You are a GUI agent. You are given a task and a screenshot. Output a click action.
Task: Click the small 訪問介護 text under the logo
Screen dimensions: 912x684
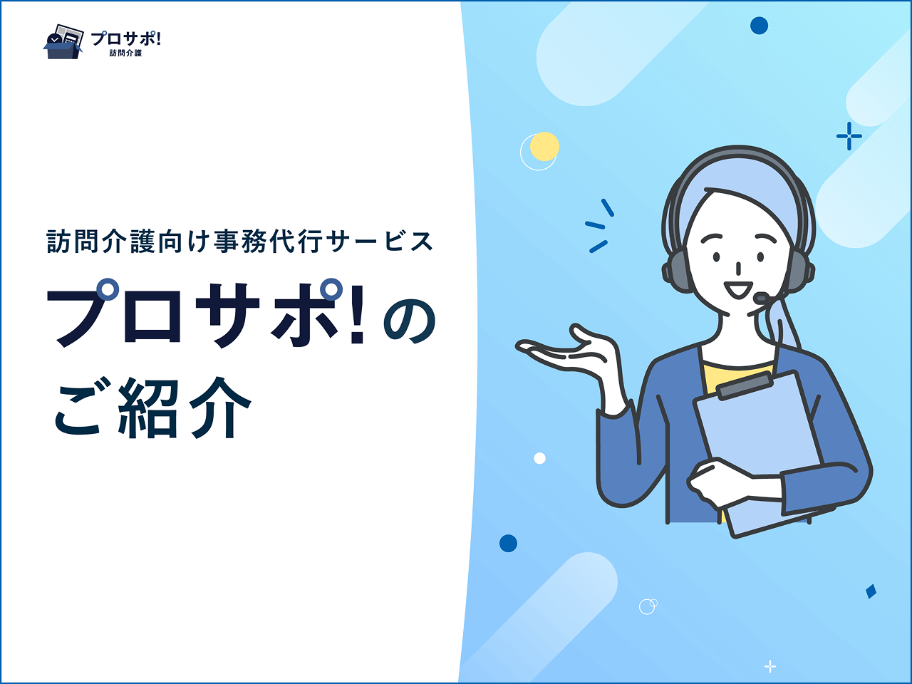point(125,53)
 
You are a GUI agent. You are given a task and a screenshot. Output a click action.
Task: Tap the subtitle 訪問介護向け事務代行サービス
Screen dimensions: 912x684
point(239,242)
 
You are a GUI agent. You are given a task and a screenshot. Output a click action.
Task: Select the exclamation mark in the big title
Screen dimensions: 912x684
point(358,314)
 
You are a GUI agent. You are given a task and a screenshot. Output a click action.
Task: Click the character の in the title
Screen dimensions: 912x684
point(409,322)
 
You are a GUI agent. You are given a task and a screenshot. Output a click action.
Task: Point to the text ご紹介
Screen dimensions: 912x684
point(153,408)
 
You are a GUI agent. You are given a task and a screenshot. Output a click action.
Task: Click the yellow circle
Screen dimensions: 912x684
point(544,147)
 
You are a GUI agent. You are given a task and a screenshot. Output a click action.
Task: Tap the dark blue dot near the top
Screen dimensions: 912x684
point(759,26)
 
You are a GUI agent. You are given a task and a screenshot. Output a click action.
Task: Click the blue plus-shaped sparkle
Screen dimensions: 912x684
point(849,136)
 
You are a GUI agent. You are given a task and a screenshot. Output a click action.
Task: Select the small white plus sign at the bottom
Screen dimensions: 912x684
point(770,667)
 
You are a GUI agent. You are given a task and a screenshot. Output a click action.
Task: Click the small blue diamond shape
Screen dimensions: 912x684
point(871,591)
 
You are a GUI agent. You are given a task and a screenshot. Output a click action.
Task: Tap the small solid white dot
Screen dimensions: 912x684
point(539,458)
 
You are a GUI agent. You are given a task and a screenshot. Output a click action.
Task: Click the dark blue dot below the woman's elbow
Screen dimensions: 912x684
point(508,543)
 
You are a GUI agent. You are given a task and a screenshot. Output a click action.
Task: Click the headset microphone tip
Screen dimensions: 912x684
point(761,298)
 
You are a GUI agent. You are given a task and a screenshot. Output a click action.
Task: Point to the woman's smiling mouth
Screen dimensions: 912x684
point(738,289)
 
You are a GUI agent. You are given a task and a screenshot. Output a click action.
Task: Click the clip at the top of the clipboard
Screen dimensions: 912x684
point(744,386)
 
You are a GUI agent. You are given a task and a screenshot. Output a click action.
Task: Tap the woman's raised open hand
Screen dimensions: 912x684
point(569,353)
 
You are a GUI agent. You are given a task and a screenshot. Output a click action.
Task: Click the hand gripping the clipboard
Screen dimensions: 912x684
point(723,482)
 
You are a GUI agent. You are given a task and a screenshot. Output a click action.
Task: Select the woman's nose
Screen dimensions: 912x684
point(738,269)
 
